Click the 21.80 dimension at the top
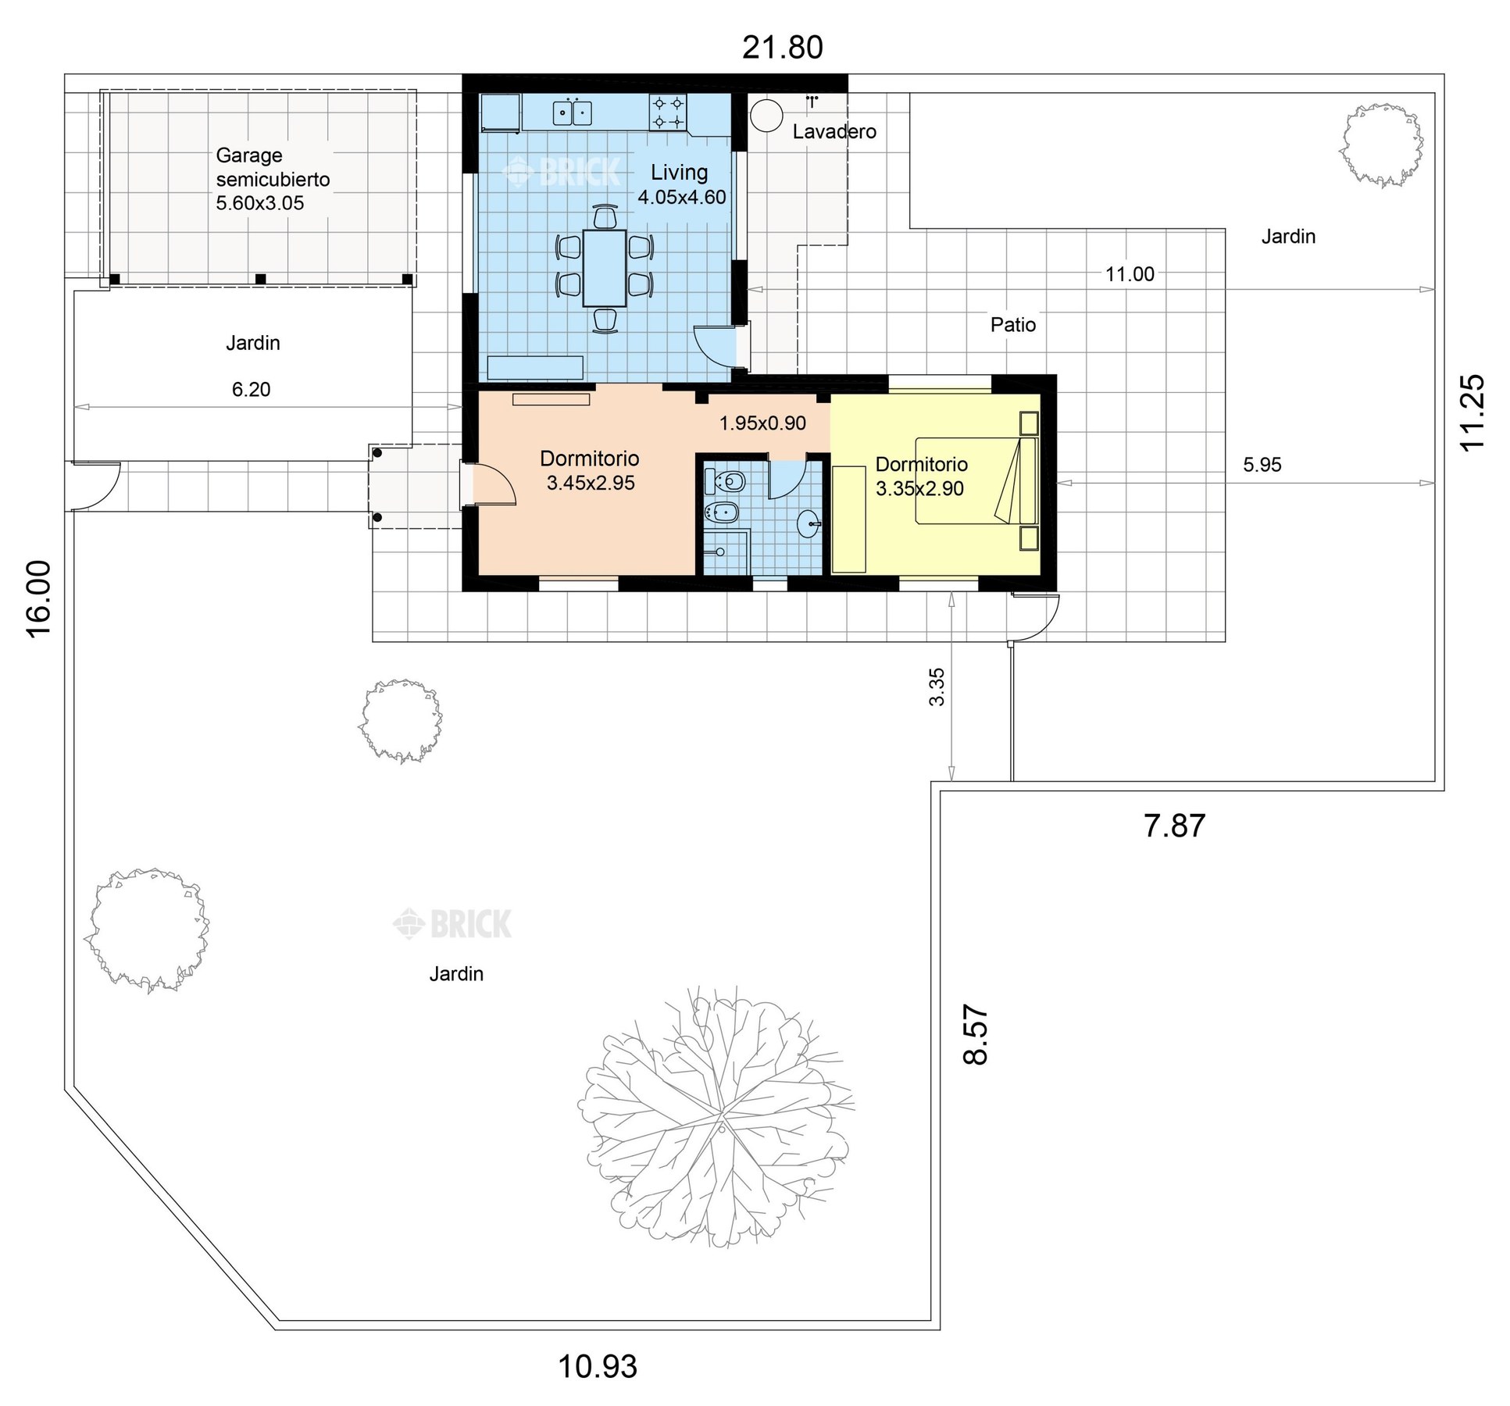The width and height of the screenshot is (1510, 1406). point(782,48)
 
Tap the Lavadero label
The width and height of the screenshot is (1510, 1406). point(834,131)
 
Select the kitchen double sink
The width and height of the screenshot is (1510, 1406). point(572,113)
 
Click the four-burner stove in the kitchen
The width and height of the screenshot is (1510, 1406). point(668,112)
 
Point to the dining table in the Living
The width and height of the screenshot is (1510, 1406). point(605,267)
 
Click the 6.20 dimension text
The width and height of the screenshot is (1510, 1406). point(251,389)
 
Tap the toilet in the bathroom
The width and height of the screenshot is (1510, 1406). point(724,481)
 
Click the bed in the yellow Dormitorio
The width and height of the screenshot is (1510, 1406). point(976,480)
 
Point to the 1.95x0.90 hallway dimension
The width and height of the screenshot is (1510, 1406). point(762,423)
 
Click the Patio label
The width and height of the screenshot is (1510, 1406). point(1013,325)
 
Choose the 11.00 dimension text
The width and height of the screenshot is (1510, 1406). point(1130,274)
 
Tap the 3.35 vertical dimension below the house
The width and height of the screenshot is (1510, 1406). point(937,687)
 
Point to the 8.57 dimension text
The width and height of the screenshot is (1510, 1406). point(976,1034)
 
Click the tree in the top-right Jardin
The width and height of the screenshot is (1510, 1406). point(1380,145)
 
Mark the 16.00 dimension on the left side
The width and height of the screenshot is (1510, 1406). point(38,599)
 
